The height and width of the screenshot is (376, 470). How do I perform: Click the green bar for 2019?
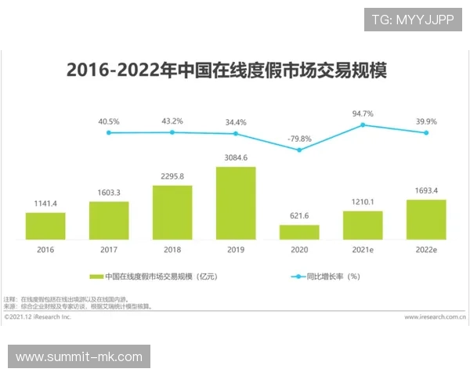236,203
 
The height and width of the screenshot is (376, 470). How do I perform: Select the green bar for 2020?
299,232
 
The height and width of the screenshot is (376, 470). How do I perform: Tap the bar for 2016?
45,226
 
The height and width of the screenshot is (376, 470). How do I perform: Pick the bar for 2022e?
426,219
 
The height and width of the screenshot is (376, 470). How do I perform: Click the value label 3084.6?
236,157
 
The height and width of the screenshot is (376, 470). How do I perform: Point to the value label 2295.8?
172,176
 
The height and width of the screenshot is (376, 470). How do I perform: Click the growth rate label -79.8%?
299,139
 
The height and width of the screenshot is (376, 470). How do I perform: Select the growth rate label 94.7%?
363,114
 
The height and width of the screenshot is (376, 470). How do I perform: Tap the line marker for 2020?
299,150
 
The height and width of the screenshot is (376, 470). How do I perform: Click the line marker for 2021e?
363,125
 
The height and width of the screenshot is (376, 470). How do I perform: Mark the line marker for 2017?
109,132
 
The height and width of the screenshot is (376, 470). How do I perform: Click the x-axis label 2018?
172,249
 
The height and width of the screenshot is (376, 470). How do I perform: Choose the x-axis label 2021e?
363,249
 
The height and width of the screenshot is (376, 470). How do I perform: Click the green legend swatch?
97,277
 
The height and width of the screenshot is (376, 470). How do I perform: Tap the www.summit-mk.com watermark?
78,357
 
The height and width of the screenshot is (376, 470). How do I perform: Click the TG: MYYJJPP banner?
413,20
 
